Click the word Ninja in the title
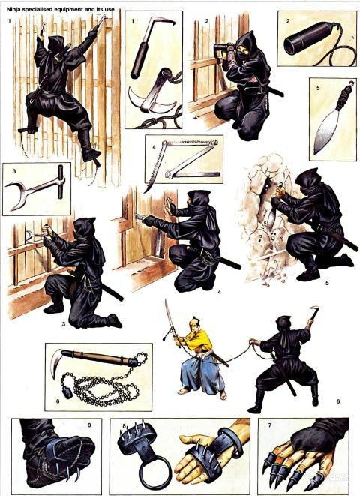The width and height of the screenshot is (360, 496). coord(13,10)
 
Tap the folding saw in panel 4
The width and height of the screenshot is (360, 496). coord(183,160)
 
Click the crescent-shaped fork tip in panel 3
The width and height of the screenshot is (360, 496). coord(14,194)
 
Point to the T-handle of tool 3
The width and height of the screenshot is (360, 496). coord(61,182)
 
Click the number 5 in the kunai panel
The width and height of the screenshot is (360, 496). coord(318,88)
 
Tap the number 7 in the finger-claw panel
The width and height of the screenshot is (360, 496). coord(269,425)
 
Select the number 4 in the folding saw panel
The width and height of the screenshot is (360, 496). coord(154,147)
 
